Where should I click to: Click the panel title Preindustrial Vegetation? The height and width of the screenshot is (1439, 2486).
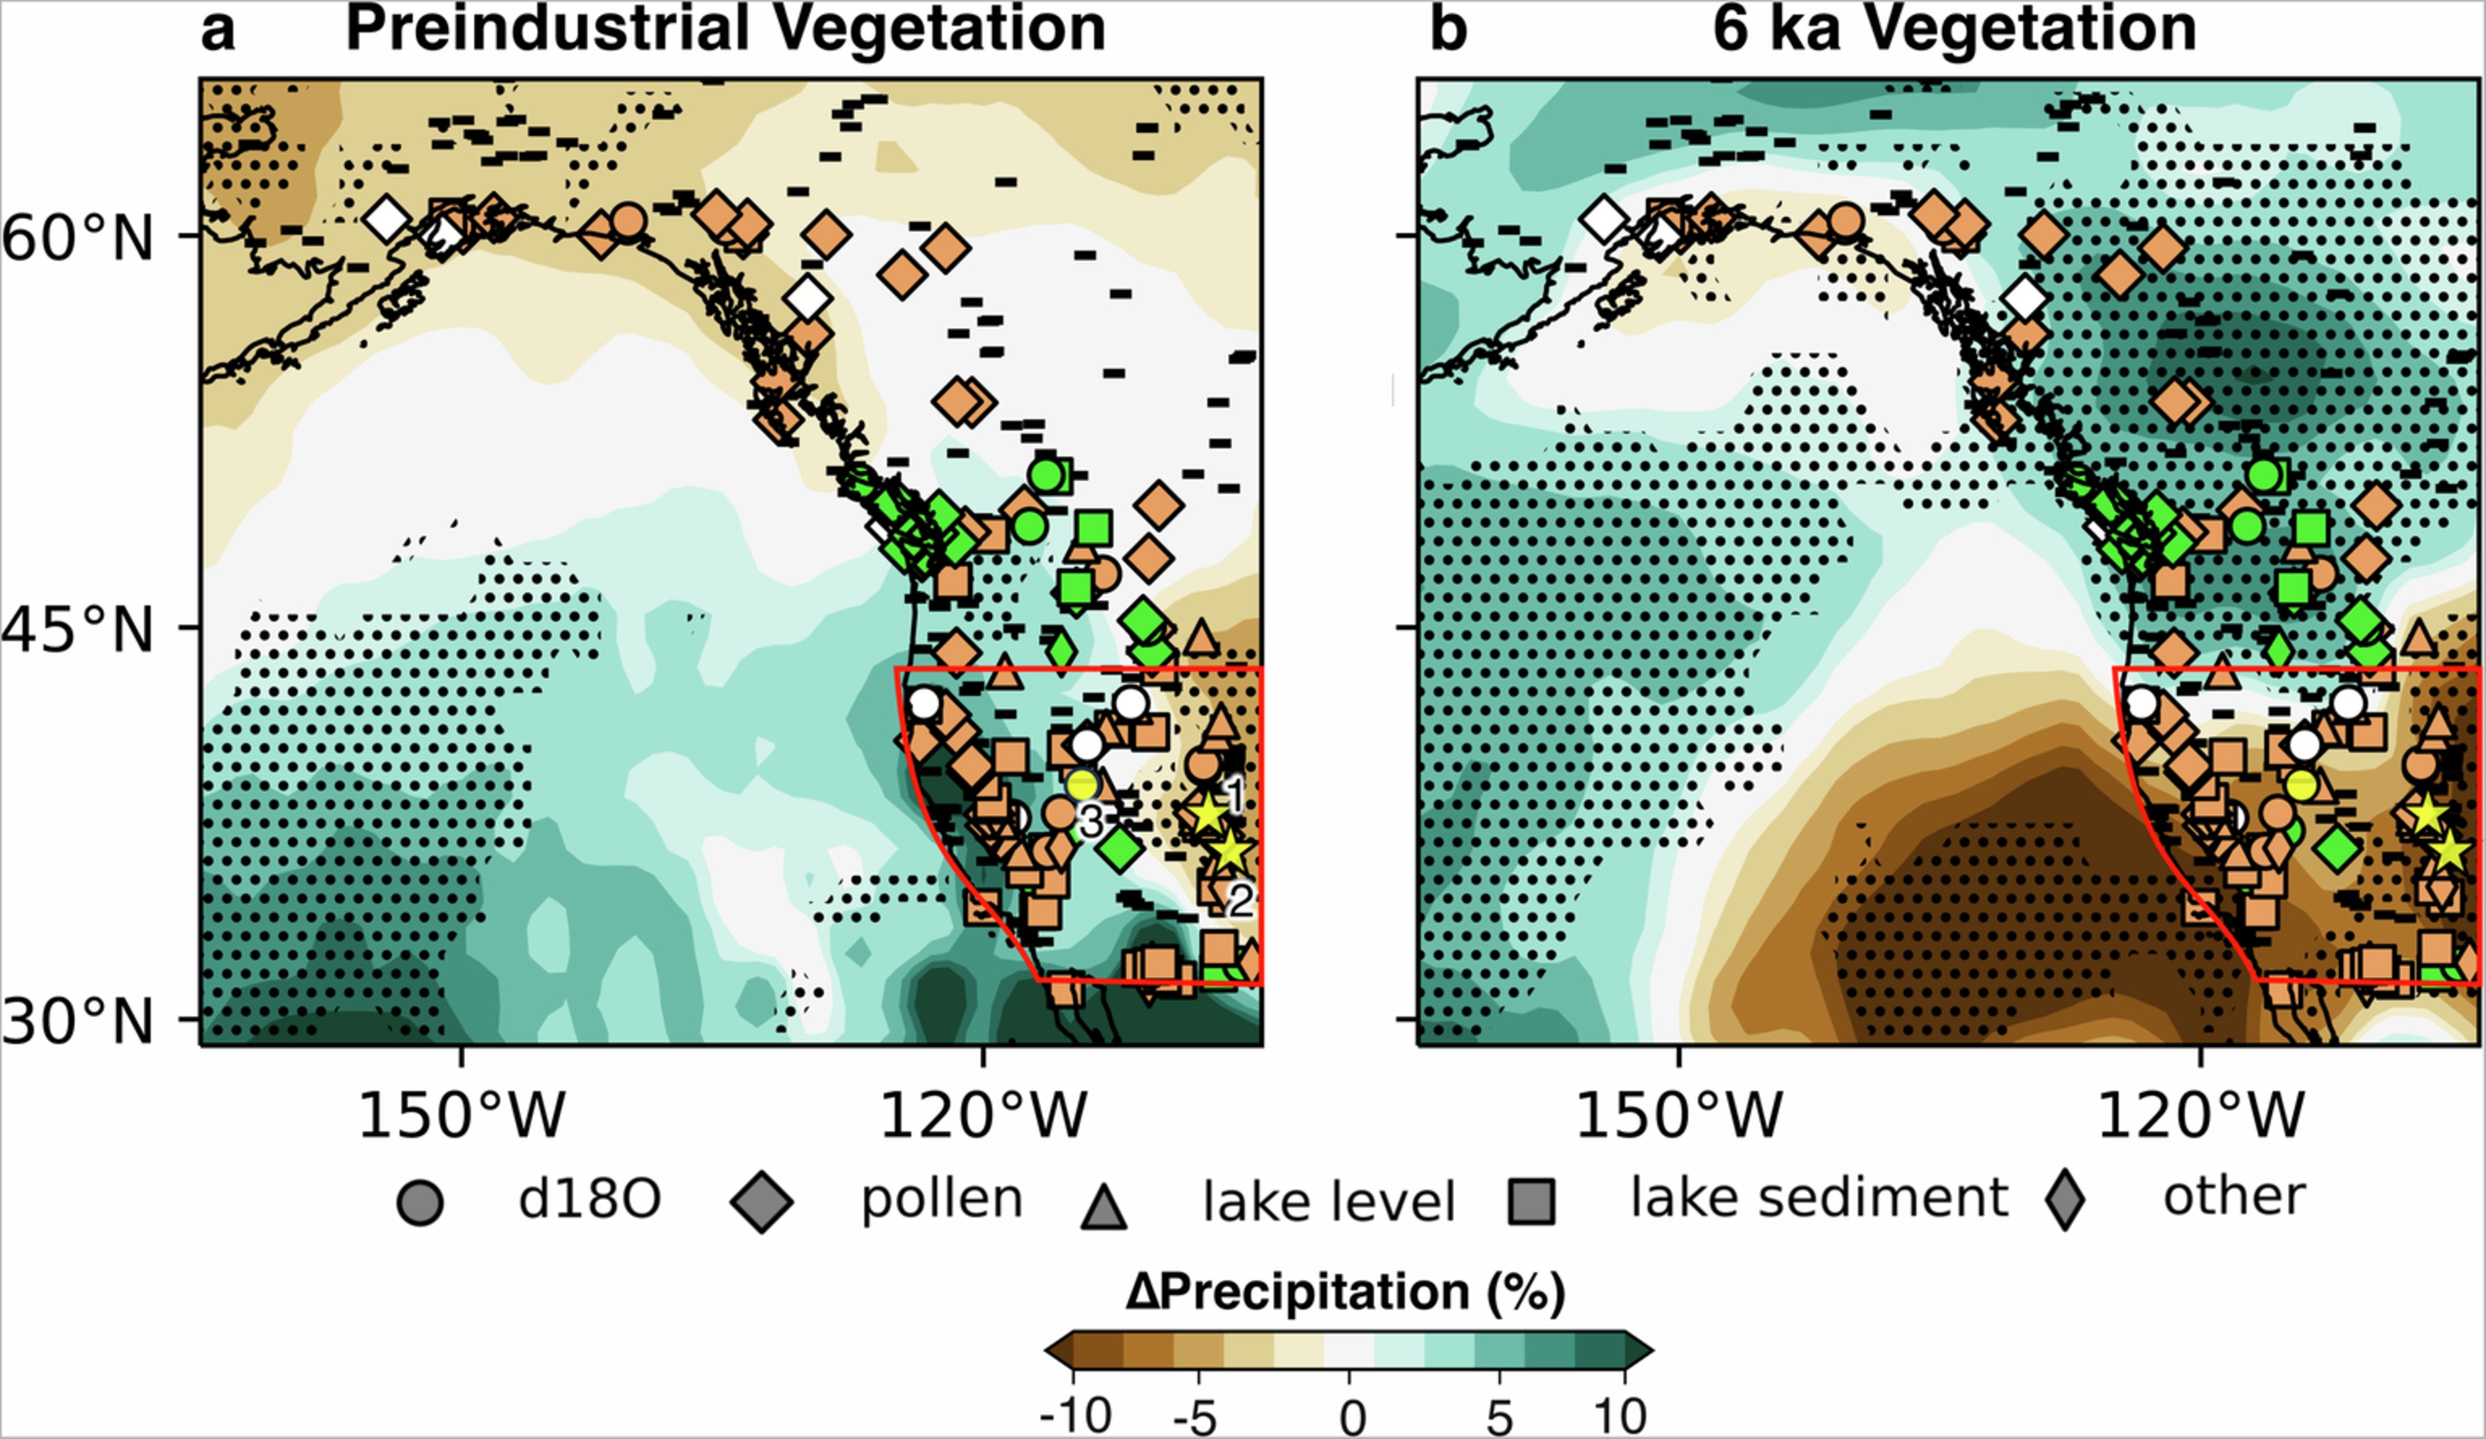[x=725, y=29]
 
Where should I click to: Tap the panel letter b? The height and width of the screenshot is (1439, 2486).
[x=1448, y=29]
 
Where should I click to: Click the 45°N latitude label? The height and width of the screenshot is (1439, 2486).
[x=79, y=629]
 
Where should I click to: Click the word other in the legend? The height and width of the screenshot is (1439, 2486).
[x=2234, y=1196]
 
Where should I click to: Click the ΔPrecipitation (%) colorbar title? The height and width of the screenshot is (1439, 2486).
[x=1345, y=1292]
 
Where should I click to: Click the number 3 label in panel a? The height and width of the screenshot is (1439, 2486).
[x=1089, y=821]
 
